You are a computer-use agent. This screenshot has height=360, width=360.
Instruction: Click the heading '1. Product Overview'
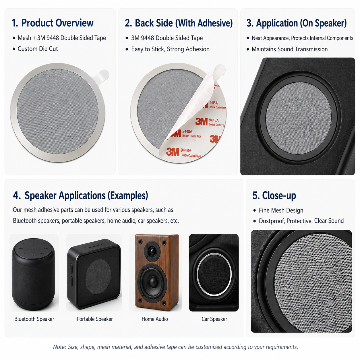[53, 23]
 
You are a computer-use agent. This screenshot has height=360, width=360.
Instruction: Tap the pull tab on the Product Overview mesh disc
[102, 76]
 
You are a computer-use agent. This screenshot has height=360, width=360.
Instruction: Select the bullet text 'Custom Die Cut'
[38, 49]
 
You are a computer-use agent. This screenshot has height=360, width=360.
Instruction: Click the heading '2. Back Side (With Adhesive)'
[179, 23]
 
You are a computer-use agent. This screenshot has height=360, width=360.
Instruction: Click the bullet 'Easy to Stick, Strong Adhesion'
[170, 49]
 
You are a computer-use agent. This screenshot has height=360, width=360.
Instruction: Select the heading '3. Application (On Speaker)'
[297, 23]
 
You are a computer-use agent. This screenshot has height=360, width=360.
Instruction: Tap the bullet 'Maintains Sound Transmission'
[290, 49]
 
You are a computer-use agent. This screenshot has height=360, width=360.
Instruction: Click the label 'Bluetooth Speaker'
[34, 319]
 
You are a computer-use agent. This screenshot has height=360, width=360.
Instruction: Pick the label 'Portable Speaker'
[95, 319]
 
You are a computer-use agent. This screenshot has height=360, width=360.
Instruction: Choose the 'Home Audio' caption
[155, 319]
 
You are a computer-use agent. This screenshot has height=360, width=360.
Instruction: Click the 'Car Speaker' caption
[214, 319]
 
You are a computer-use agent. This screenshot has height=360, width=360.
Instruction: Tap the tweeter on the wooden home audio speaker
[152, 251]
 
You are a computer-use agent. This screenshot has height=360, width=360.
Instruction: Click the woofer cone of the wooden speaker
[153, 281]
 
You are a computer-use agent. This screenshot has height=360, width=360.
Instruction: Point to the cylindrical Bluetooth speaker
[33, 274]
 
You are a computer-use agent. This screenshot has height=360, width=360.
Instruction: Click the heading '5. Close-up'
[274, 196]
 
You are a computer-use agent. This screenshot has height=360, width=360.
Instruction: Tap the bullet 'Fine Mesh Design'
[281, 210]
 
